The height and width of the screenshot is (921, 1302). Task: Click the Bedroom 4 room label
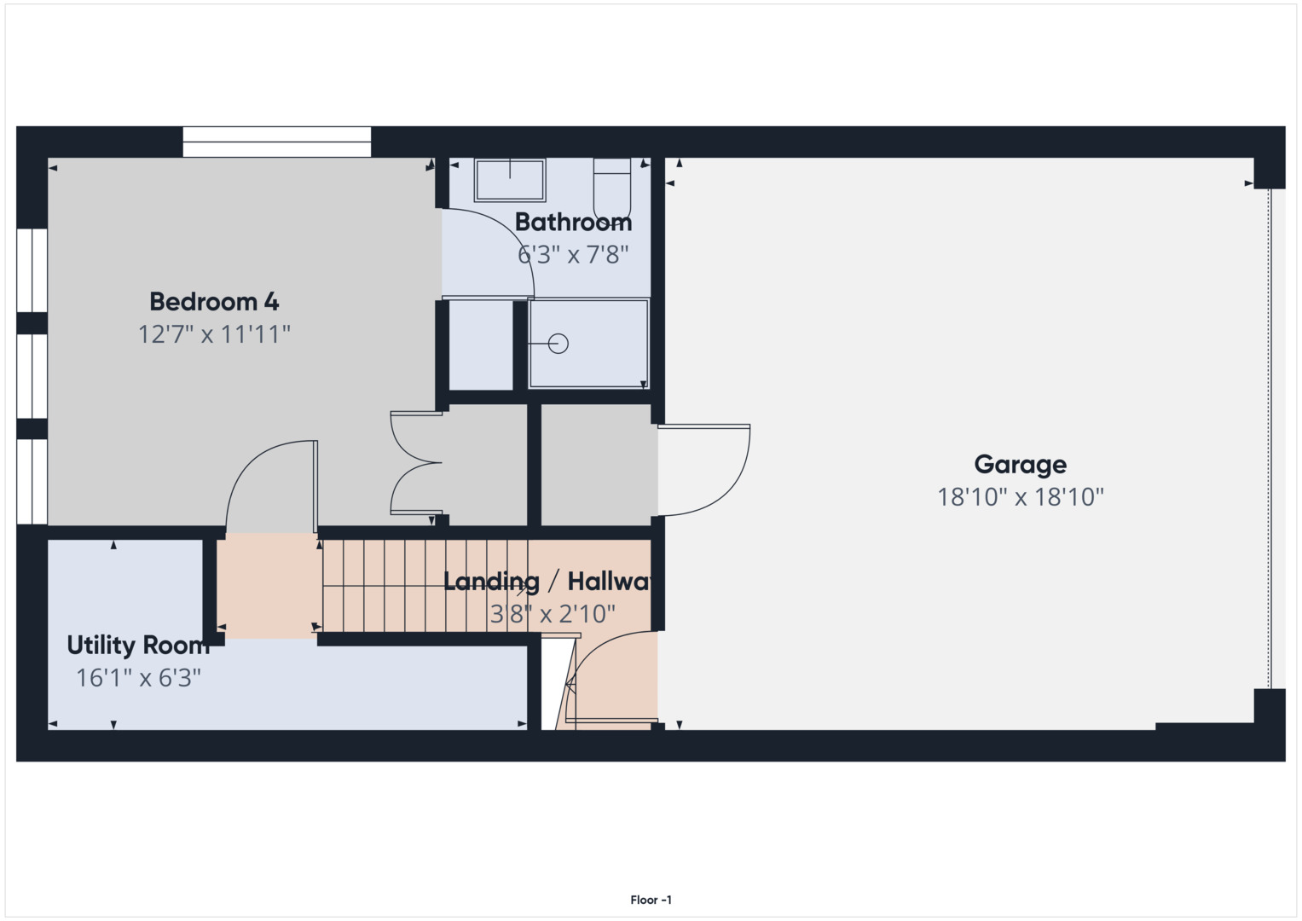214,302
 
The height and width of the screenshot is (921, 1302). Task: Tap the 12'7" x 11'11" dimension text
214,334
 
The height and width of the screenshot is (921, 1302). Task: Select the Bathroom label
573,223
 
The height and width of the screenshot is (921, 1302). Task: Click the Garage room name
1020,465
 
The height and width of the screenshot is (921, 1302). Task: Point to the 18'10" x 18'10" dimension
1020,497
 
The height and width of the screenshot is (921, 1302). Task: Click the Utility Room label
137,646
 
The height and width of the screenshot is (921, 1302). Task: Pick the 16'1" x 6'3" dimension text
138,678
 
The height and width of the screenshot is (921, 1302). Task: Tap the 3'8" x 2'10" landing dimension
552,614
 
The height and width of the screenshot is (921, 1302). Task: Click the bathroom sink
509,180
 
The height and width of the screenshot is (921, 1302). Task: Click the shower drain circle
558,344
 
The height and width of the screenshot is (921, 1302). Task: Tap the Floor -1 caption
651,900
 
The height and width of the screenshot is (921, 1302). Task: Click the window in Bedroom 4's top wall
276,142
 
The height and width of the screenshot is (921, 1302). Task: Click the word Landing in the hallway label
491,582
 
